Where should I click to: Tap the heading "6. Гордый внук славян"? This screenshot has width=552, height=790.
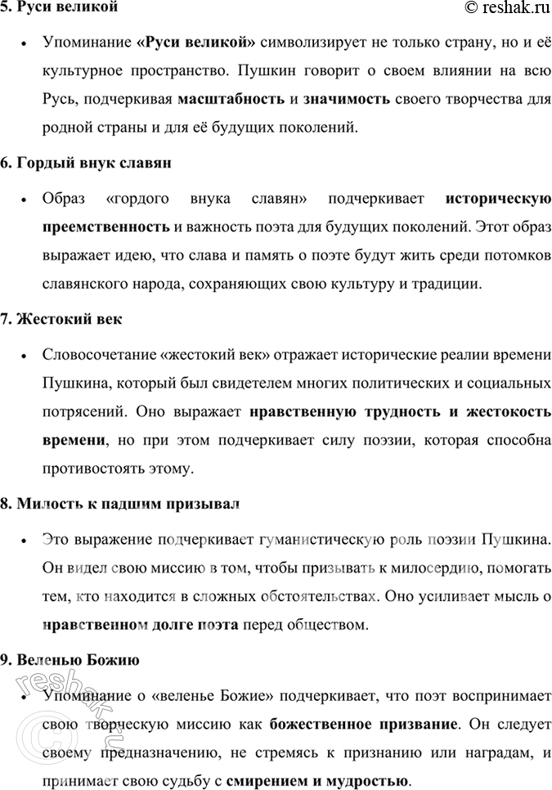(x=85, y=163)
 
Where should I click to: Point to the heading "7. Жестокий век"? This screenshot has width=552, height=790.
(x=61, y=319)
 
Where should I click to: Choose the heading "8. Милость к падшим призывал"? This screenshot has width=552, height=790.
(x=120, y=503)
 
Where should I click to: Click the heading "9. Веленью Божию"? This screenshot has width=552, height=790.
(x=70, y=659)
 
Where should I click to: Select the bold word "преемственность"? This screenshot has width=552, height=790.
(x=106, y=227)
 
